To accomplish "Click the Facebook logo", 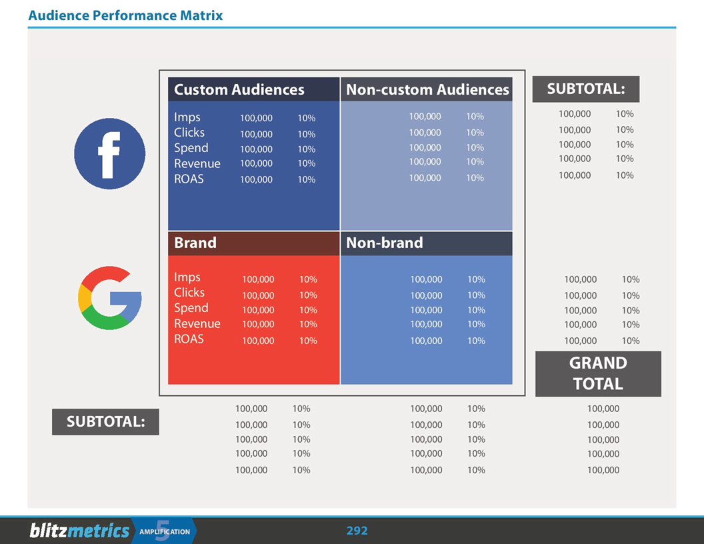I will (x=109, y=153).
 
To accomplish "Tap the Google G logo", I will (x=110, y=298).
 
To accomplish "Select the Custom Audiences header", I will (x=239, y=90).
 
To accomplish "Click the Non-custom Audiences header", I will (x=427, y=90).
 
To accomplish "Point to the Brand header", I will (x=195, y=243).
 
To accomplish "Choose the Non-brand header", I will (x=385, y=243).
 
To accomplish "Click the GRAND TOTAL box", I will (x=598, y=373).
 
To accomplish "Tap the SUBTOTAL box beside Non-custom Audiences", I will (x=585, y=89).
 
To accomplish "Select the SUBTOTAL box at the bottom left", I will (x=105, y=421).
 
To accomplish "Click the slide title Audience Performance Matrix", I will (x=125, y=15).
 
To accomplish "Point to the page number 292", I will (x=357, y=531).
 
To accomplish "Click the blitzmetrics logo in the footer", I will (x=79, y=531).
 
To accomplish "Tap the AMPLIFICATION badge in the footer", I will (x=165, y=531).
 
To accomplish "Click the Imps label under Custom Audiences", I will (x=187, y=117).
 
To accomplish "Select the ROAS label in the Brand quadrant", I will (x=189, y=339).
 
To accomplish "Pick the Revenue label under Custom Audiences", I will (x=197, y=163).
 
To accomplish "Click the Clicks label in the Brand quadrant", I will (x=189, y=293).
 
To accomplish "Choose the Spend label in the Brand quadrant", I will (x=191, y=308).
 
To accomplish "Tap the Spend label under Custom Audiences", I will (x=191, y=148).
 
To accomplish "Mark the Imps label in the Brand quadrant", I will (x=187, y=277).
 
